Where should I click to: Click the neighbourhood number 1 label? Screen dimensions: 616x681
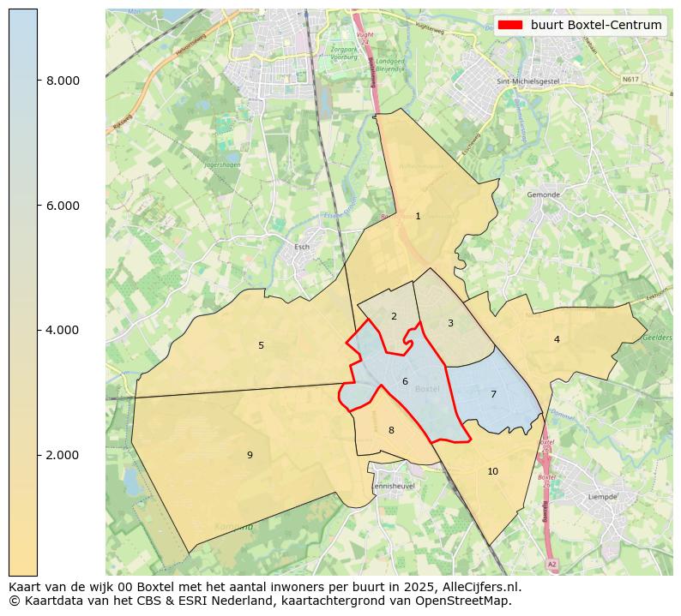[x=418, y=216]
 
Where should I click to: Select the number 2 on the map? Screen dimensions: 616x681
[x=394, y=316]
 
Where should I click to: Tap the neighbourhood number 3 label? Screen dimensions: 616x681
[x=450, y=323]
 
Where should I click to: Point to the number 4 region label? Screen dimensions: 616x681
[x=557, y=339]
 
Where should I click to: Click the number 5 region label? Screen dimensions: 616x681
[x=261, y=346]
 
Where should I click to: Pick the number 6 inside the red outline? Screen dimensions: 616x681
[x=405, y=381]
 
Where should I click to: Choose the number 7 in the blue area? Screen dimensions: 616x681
[x=493, y=394]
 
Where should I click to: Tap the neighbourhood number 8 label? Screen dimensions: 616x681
[x=391, y=430]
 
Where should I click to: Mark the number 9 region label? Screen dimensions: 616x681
[x=250, y=455]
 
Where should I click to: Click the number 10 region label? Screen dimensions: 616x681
[x=492, y=471]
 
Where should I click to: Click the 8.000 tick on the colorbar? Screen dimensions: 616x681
[x=63, y=81]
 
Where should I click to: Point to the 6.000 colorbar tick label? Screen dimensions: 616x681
[x=63, y=206]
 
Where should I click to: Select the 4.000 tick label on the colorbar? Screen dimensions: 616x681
[x=63, y=330]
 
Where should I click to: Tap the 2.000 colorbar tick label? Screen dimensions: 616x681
[x=63, y=455]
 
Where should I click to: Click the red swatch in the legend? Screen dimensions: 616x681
[x=509, y=25]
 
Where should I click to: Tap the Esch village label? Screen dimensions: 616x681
[x=302, y=247]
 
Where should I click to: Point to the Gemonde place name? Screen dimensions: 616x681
[x=543, y=194]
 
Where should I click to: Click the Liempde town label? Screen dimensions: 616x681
[x=603, y=496]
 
